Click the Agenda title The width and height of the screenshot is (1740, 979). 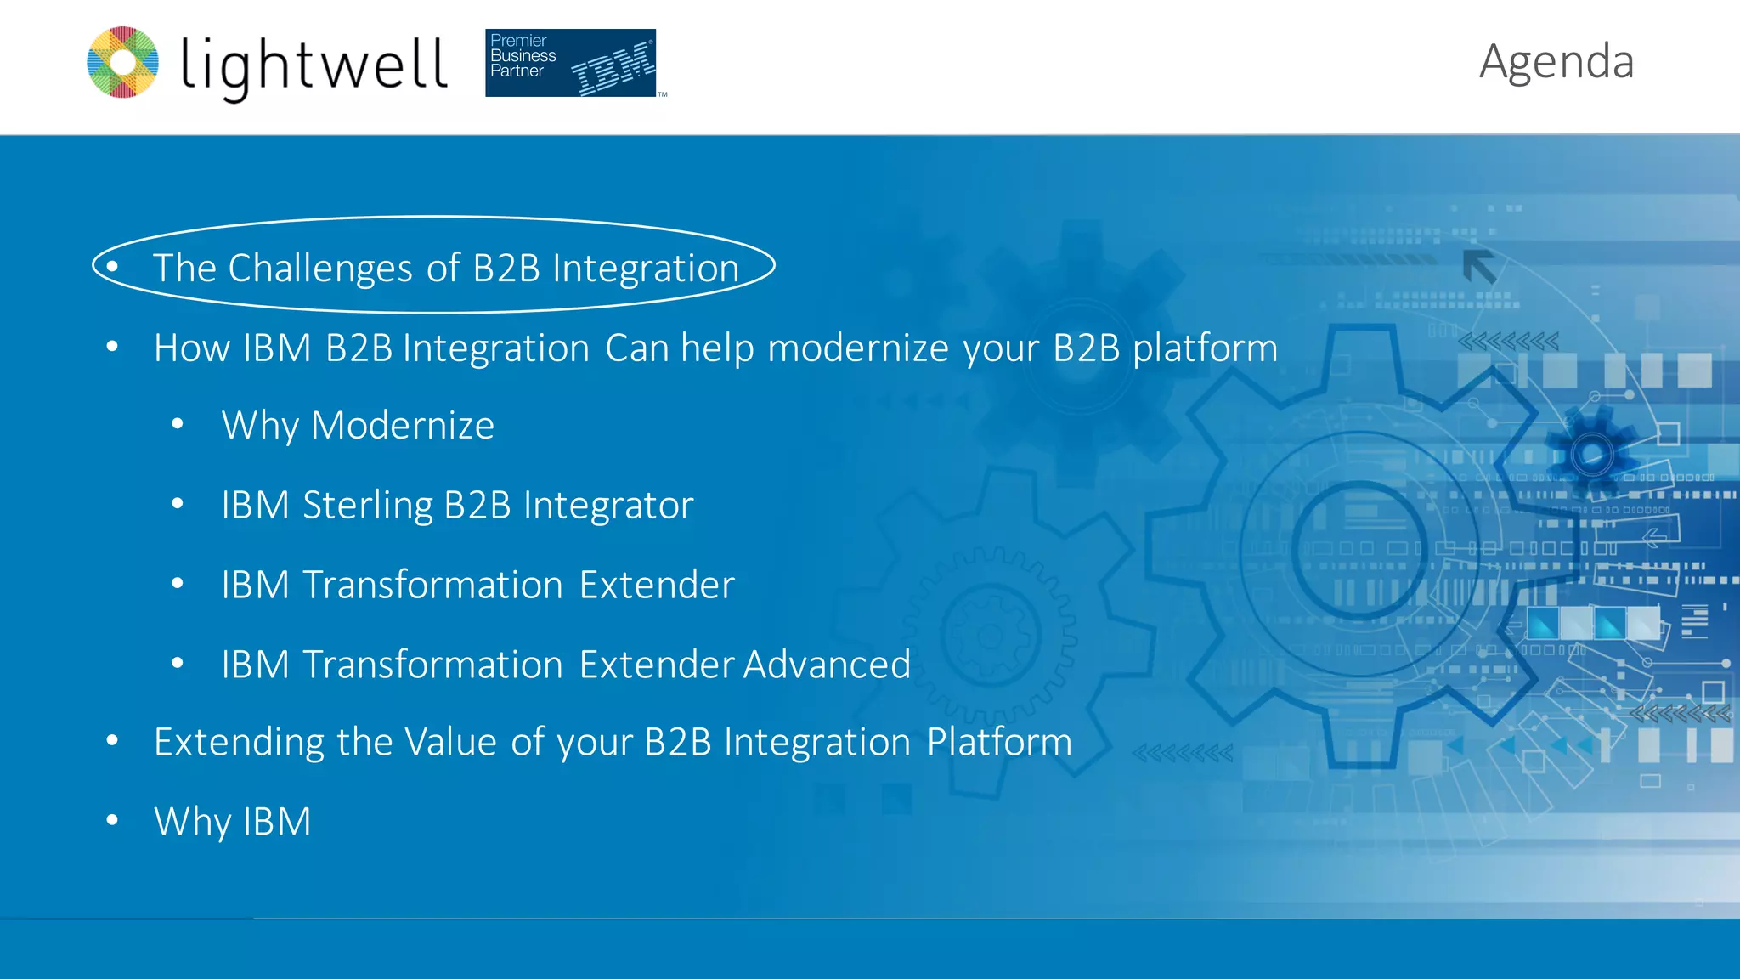click(1556, 62)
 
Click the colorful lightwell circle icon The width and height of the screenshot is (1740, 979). click(123, 62)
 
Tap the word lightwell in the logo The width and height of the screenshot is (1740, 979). click(314, 66)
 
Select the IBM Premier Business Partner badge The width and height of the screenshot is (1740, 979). click(571, 63)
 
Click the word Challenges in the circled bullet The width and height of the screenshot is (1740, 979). click(320, 269)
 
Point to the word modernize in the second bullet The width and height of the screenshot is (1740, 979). click(858, 348)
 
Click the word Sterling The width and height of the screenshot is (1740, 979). click(368, 506)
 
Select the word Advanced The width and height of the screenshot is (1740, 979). click(827, 665)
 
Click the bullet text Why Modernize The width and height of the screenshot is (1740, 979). click(358, 426)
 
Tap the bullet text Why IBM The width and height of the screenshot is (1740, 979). click(232, 822)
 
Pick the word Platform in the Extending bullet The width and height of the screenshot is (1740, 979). click(999, 742)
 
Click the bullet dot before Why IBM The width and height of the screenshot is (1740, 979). click(112, 820)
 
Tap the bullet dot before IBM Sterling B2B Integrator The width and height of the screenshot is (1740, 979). click(178, 504)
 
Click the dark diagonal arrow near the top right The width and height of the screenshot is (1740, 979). click(1479, 267)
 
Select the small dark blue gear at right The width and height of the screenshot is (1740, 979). click(1591, 454)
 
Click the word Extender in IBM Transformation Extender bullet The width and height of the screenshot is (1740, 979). click(657, 586)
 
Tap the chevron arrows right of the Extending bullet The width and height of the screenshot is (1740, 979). click(1183, 753)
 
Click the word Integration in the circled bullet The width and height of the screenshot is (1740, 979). click(646, 269)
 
